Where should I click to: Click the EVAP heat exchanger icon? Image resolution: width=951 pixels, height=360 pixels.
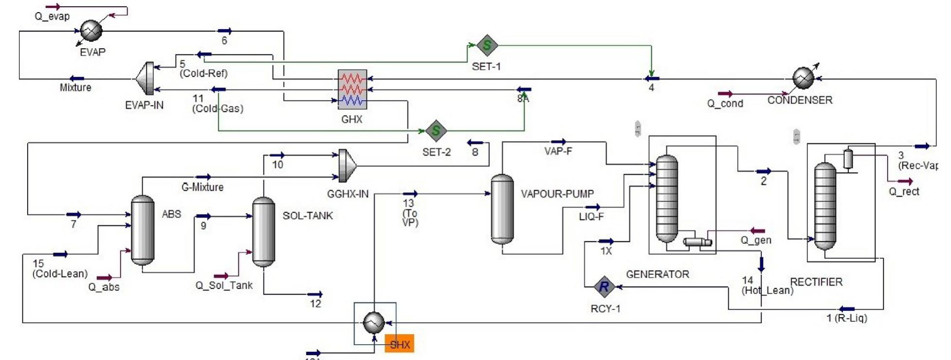point(91,30)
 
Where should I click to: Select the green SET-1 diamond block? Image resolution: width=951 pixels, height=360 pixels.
point(486,46)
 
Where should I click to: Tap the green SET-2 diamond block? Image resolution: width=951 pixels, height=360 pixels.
point(435,130)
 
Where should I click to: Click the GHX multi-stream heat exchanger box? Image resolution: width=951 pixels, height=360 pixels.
point(352,89)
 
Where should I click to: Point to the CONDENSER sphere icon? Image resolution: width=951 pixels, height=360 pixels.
point(803,78)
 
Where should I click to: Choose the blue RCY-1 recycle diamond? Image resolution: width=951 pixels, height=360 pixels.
point(604,287)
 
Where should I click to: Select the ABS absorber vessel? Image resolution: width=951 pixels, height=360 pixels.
point(143,230)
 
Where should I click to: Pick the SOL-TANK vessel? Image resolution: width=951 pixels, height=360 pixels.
point(263,232)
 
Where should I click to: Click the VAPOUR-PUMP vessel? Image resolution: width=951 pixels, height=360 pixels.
point(502,209)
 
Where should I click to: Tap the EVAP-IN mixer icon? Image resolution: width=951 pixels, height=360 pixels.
point(144,78)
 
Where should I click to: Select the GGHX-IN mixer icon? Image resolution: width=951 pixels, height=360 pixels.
point(347,165)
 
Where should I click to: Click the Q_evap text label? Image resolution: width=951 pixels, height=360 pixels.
point(52,17)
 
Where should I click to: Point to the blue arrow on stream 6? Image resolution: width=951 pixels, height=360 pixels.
point(224,31)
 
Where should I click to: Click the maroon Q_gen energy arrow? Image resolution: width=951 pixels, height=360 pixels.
point(757,231)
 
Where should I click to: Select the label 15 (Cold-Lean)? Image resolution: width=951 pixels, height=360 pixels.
point(60,269)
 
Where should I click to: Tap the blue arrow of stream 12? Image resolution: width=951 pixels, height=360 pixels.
point(315,294)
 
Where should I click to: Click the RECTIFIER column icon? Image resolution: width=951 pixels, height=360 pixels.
point(825,205)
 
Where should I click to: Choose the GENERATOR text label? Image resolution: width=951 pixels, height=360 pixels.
point(657,274)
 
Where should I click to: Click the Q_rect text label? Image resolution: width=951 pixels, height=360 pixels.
point(904,192)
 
